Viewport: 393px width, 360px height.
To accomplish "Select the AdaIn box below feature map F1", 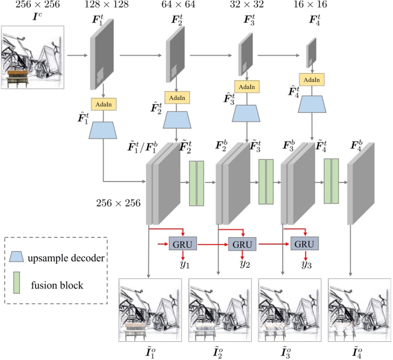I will tap(104, 104).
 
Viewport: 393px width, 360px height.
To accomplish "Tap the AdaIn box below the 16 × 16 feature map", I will tap(312, 79).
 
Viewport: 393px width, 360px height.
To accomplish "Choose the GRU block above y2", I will tap(243, 244).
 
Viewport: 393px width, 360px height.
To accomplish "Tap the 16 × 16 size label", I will tap(312, 6).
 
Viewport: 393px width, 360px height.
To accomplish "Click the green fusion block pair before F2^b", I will tap(196, 183).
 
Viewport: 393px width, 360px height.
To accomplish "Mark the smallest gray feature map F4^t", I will tap(311, 51).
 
